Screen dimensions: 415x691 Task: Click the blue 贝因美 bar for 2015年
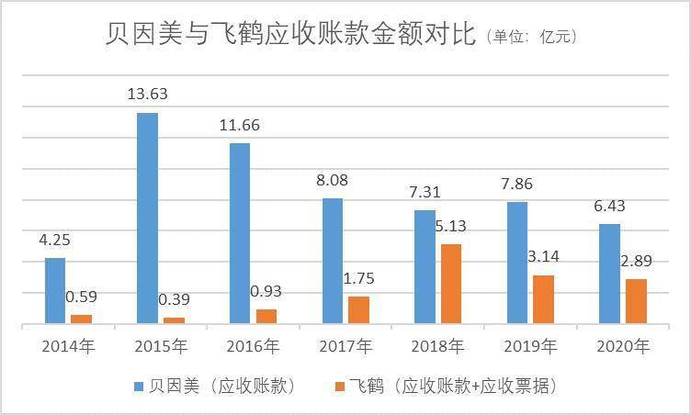[147, 218]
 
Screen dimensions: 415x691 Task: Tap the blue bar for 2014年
[55, 290]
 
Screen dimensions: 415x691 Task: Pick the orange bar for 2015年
[174, 320]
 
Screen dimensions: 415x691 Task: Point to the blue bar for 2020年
[610, 274]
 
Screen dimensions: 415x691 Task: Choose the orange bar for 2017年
[358, 309]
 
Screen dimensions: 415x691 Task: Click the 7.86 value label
[518, 184]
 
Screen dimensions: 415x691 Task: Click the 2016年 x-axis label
[253, 347]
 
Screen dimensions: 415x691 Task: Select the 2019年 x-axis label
[529, 347]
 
